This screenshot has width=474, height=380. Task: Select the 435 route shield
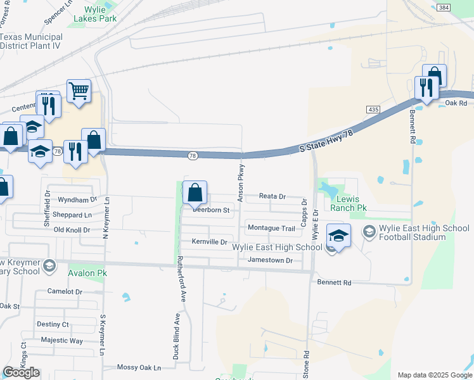coord(373,110)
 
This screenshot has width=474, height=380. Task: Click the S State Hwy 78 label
coord(326,140)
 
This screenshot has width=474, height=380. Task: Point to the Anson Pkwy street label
coord(241,184)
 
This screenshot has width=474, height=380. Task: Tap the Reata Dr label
coord(272,197)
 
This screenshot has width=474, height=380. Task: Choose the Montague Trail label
coord(271,228)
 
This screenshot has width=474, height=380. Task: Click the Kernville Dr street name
coord(209,242)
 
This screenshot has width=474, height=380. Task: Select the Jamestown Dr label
coord(271,260)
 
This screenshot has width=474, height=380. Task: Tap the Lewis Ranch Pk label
coord(349,203)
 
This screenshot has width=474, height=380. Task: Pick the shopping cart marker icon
coord(79,91)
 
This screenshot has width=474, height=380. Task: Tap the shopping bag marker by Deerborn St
coord(195,193)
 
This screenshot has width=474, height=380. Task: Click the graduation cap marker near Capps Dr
coord(338,236)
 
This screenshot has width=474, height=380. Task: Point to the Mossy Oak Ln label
coord(139,367)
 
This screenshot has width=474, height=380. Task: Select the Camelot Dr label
coord(65,292)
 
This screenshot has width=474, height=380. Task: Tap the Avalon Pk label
coord(87,273)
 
